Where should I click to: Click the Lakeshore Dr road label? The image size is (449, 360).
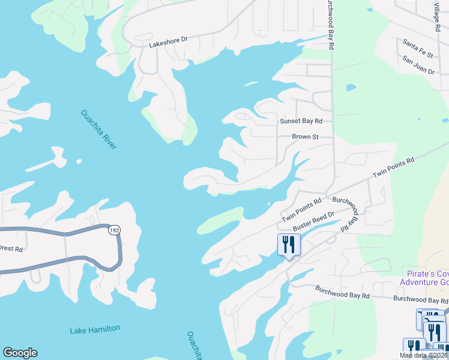[x=169, y=39]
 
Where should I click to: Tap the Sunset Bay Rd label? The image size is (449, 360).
[x=301, y=121]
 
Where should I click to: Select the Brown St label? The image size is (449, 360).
[x=305, y=137]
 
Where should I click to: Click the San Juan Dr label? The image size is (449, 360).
[x=418, y=65]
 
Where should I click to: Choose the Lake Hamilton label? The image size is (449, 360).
[x=95, y=329]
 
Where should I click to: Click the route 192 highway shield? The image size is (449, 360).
[x=114, y=230]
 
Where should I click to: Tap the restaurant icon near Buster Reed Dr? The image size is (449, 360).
[x=289, y=244]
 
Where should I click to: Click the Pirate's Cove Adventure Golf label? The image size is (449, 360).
[x=424, y=277]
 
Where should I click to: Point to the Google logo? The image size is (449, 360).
[x=20, y=353]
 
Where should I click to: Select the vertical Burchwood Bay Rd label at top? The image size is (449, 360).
[x=330, y=24]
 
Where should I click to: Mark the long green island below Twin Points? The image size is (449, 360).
[x=220, y=220]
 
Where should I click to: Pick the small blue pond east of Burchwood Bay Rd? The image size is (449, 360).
[x=351, y=88]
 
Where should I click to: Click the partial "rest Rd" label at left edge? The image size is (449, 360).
[x=11, y=248]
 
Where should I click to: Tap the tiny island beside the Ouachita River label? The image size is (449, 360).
[x=79, y=161]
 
